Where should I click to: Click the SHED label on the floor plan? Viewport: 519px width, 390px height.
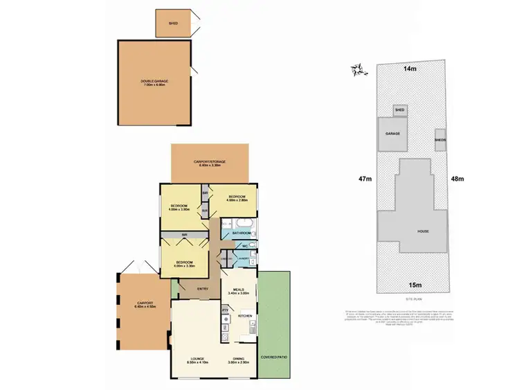(174, 24)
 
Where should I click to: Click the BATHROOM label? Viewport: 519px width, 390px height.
(241, 233)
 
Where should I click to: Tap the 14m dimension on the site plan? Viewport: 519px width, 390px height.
(410, 69)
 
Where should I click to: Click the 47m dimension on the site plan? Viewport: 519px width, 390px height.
(365, 179)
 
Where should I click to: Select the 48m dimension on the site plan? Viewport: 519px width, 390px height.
(457, 179)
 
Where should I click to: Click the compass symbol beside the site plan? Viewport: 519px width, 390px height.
(358, 69)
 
